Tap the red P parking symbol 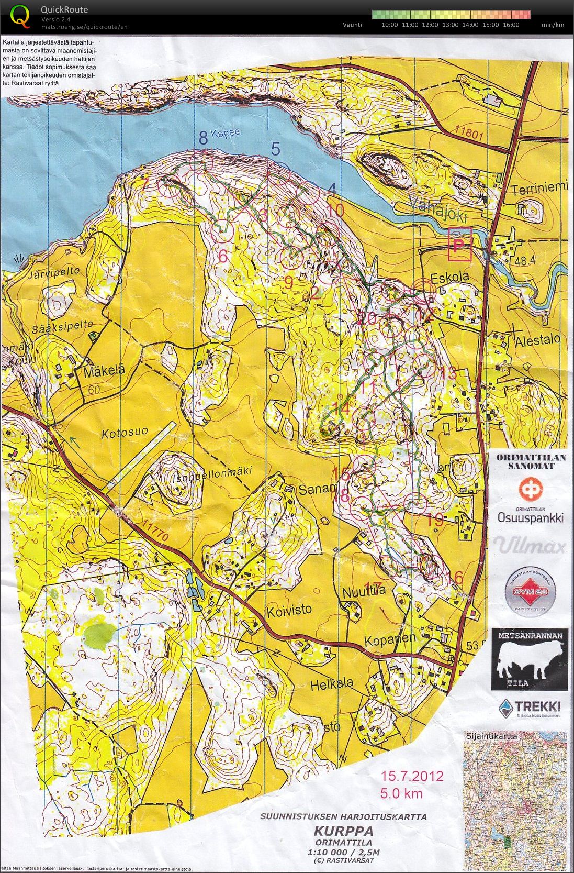coord(459,245)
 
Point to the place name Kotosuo coord(125,434)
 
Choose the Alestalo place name coord(537,339)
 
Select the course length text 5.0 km coord(401,793)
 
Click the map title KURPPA coord(343,831)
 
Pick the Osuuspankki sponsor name coord(530,517)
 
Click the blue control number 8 coord(203,137)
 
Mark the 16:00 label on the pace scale coord(510,25)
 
